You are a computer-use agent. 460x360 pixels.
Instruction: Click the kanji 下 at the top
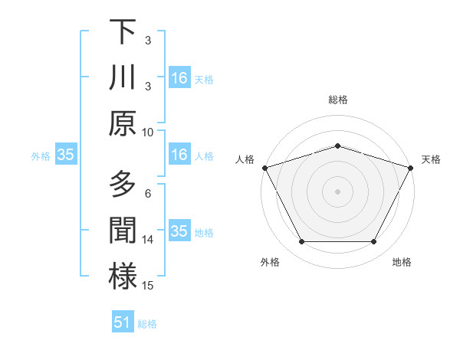pos(123,32)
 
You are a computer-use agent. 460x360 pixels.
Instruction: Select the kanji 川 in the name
pos(123,78)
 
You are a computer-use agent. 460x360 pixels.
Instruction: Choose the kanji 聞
pos(123,231)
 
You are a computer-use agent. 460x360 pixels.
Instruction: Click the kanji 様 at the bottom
pos(123,277)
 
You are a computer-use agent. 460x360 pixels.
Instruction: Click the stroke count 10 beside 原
pos(148,132)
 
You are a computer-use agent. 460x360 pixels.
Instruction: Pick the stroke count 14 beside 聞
pos(149,239)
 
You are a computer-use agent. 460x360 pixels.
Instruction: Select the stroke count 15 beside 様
pos(149,285)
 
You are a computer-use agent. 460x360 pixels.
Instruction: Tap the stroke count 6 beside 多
pos(148,193)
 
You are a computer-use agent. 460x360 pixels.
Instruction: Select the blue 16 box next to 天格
pos(179,78)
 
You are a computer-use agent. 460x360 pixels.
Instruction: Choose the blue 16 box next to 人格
pos(179,155)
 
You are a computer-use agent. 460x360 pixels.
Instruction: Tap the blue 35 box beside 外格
pos(65,155)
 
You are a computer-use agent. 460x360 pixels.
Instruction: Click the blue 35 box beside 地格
pos(179,231)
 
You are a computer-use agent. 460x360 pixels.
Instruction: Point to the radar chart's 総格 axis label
pos(338,100)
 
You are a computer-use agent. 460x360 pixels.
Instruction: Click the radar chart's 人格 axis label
pos(245,159)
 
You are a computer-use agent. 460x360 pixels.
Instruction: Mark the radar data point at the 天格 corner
pos(412,167)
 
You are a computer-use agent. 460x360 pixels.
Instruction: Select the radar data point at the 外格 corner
pos(301,242)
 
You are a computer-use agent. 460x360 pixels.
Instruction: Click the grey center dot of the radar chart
pos(337,191)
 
